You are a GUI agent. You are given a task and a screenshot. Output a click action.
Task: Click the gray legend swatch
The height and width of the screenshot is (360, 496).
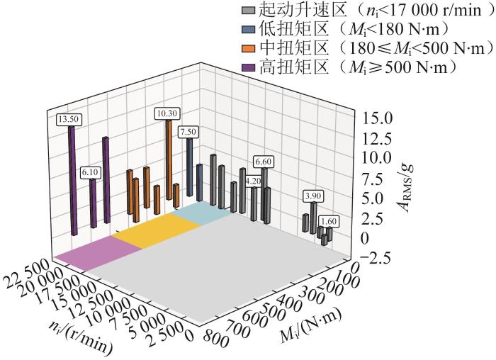coord(248,12)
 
